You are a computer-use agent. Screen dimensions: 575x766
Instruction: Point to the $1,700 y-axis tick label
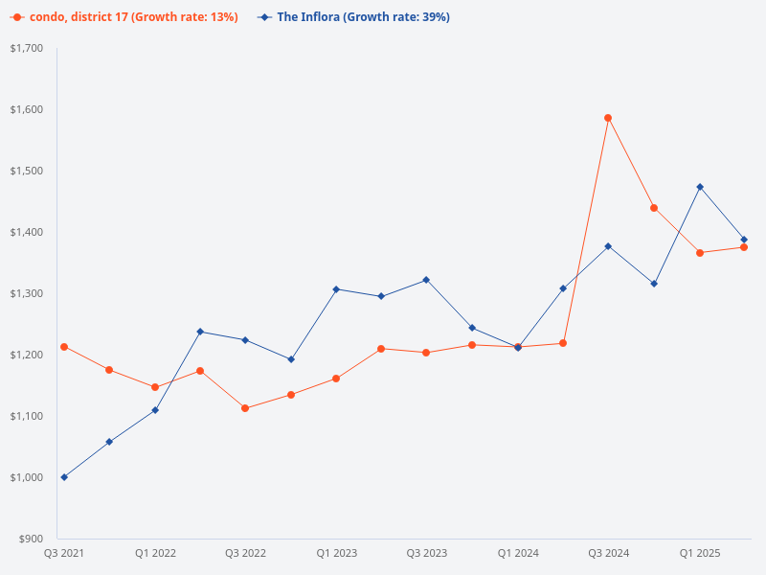[x=27, y=48]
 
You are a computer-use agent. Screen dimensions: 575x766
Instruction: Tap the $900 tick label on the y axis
[x=30, y=539]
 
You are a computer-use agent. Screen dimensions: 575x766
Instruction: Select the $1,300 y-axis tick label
[x=27, y=293]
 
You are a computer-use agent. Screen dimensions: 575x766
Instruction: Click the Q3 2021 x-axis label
[x=64, y=553]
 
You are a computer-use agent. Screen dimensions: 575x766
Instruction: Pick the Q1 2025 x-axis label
[x=700, y=553]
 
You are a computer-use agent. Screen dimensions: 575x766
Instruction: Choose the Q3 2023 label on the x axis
[x=426, y=553]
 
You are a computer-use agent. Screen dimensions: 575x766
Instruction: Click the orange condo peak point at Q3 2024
[x=608, y=118]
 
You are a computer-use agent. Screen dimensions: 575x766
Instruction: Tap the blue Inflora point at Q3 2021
[x=64, y=477]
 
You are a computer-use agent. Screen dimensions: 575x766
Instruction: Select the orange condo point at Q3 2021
[x=64, y=347]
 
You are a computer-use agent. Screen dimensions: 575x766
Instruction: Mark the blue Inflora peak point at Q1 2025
[x=700, y=187]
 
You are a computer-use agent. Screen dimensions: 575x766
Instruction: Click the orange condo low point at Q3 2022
[x=245, y=408]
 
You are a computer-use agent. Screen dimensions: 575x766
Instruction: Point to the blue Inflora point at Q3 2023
[x=426, y=280]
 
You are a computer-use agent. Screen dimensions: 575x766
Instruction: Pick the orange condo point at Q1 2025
[x=700, y=253]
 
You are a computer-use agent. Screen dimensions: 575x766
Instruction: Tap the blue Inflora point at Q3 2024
[x=608, y=246]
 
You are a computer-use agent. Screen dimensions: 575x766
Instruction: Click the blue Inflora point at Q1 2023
[x=336, y=289]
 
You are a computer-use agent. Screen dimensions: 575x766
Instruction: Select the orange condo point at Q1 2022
[x=154, y=387]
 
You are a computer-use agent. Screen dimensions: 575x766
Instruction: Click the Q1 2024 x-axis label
[x=518, y=553]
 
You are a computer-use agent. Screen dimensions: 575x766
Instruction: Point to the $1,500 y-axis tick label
[x=27, y=171]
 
